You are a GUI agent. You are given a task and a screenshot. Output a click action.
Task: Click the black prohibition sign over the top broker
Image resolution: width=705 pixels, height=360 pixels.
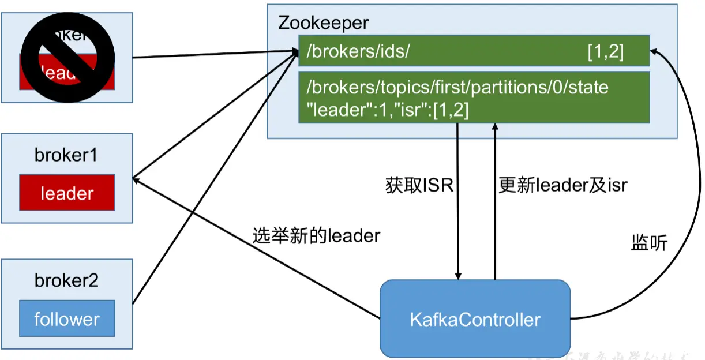[x=67, y=58]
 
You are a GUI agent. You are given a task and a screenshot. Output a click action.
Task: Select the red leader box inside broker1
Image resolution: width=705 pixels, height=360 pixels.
[x=67, y=193]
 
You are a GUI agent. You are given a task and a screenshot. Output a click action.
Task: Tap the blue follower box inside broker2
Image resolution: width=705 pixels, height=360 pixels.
[x=67, y=318]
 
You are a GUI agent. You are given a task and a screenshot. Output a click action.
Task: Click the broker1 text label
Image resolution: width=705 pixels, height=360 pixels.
[x=66, y=155]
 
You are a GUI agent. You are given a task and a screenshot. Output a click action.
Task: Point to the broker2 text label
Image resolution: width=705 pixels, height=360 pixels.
[x=66, y=281]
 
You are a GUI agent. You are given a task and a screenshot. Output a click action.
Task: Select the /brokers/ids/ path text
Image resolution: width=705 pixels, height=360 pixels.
[x=358, y=52]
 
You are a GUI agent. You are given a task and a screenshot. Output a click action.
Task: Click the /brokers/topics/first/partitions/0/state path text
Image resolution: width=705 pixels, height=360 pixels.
[x=457, y=88]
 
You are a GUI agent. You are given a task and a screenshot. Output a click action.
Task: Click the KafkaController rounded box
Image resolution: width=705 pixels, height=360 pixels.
[x=475, y=318]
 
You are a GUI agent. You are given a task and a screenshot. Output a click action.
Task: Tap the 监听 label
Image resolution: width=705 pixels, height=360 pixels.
[x=649, y=243]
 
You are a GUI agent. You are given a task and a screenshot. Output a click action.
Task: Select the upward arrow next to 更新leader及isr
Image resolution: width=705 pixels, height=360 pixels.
[x=494, y=231]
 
